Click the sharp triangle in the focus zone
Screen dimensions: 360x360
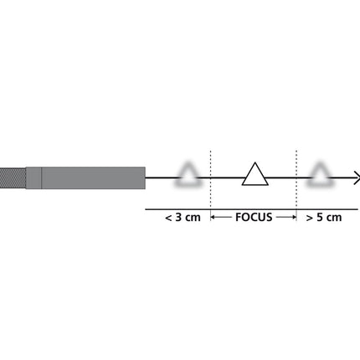click(x=255, y=174)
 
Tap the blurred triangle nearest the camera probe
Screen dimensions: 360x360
click(x=188, y=175)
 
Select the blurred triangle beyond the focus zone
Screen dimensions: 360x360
click(x=320, y=174)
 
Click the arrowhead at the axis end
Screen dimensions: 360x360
click(x=357, y=177)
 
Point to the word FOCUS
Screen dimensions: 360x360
click(x=253, y=219)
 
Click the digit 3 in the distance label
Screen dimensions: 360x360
click(x=178, y=219)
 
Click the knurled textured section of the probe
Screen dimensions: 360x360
click(x=13, y=177)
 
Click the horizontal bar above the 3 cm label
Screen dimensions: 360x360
click(x=177, y=208)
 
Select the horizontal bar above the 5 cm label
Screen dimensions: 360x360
click(x=328, y=208)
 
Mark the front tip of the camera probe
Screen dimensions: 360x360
click(x=144, y=177)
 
